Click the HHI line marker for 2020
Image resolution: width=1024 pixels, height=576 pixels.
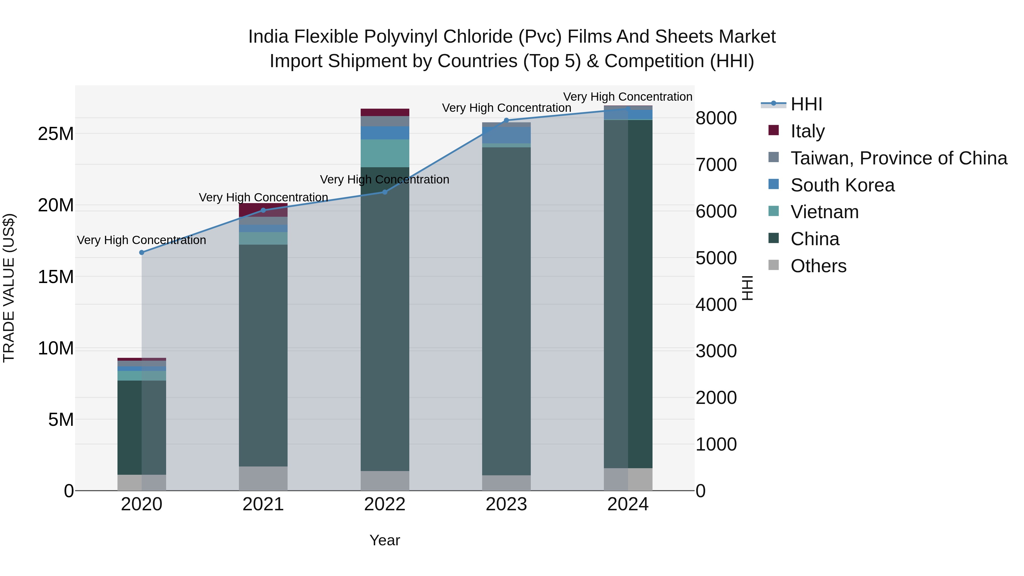pyautogui.click(x=142, y=252)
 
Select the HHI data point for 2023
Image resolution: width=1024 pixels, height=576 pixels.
pyautogui.click(x=506, y=120)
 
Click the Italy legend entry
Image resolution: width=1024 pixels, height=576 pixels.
pyautogui.click(x=807, y=131)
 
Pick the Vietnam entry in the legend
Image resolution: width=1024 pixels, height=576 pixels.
pyautogui.click(x=824, y=212)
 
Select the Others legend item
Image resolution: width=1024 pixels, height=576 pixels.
pyautogui.click(x=818, y=266)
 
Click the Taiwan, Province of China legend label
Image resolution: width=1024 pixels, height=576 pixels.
pyautogui.click(x=898, y=158)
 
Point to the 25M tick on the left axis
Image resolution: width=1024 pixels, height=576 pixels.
pyautogui.click(x=56, y=134)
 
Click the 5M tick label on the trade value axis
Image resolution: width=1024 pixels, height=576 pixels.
pyautogui.click(x=61, y=419)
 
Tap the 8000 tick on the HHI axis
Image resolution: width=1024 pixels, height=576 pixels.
pyautogui.click(x=716, y=118)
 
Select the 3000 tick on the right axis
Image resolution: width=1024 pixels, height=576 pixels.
pyautogui.click(x=716, y=351)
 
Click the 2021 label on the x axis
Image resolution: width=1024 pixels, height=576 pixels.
pyautogui.click(x=263, y=504)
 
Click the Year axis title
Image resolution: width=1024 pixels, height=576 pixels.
pyautogui.click(x=384, y=540)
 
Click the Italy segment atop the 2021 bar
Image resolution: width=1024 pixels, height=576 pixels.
pyautogui.click(x=263, y=209)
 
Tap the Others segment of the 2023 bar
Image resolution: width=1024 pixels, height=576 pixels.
pyautogui.click(x=506, y=483)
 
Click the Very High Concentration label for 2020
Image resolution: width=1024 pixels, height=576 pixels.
pyautogui.click(x=142, y=240)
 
